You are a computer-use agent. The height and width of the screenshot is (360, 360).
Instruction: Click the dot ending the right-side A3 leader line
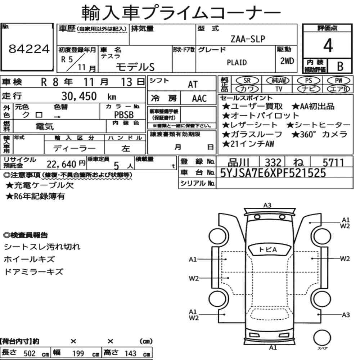click(318, 315)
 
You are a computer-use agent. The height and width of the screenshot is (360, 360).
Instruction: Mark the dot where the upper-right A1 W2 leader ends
click(310, 223)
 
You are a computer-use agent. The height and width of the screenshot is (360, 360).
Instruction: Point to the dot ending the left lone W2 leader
click(228, 278)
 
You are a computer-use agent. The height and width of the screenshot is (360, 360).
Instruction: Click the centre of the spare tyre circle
click(322, 338)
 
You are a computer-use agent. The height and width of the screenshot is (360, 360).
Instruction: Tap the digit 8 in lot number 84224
click(13, 49)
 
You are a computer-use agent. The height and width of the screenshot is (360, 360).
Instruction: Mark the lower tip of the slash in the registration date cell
click(67, 71)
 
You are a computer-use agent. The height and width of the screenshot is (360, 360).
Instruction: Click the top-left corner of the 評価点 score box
click(303, 24)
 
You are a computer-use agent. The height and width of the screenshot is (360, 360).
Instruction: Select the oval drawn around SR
click(247, 81)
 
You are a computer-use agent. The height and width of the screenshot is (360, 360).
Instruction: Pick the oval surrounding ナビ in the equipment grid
click(309, 89)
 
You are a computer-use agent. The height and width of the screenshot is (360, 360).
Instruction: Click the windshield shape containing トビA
click(268, 250)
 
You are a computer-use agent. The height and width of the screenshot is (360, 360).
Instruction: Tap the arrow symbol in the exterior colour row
click(57, 117)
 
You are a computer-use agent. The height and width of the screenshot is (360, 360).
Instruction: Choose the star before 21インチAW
click(226, 144)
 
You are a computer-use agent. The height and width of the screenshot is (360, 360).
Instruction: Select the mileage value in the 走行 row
click(79, 96)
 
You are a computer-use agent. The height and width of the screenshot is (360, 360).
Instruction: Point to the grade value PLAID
click(237, 62)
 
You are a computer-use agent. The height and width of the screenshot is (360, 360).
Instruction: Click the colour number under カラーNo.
click(124, 115)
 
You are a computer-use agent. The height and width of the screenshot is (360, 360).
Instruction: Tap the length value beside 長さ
click(30, 354)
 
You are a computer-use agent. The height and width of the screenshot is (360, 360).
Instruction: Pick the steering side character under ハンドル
click(126, 148)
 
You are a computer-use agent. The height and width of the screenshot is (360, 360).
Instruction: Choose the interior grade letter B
click(340, 66)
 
